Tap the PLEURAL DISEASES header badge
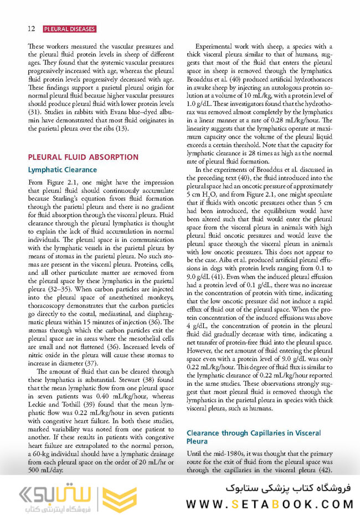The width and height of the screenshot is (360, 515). pos(69,29)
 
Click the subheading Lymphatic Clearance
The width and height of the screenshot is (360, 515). pos(62,170)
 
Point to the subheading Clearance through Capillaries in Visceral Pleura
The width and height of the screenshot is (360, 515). pos(254,436)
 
